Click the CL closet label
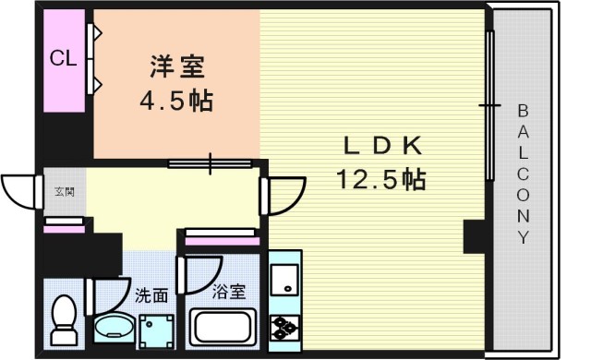(63, 60)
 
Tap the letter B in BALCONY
(524, 111)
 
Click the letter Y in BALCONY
(524, 238)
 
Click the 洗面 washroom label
(151, 295)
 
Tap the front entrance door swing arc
(20, 191)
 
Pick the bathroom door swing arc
(196, 273)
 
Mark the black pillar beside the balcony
(476, 238)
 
